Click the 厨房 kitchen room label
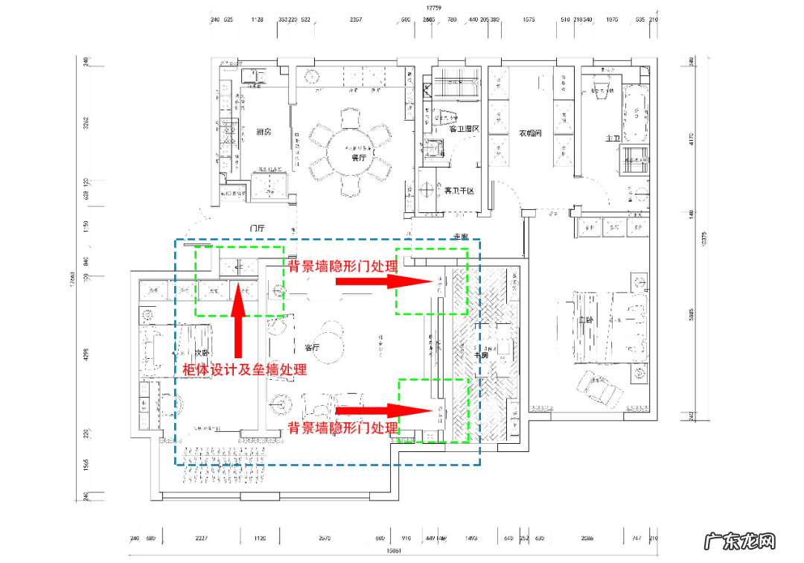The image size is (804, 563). pyautogui.click(x=264, y=133)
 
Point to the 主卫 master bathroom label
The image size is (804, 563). pyautogui.click(x=613, y=139)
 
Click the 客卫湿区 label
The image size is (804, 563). pyautogui.click(x=464, y=129)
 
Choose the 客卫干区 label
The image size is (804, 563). pyautogui.click(x=459, y=191)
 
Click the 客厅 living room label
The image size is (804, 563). pyautogui.click(x=312, y=347)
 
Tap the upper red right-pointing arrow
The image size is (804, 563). pyautogui.click(x=384, y=281)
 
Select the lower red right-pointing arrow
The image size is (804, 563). pyautogui.click(x=384, y=410)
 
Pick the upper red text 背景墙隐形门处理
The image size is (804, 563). pyautogui.click(x=343, y=266)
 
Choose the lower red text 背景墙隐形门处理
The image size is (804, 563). pyautogui.click(x=343, y=428)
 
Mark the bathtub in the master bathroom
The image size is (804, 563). pyautogui.click(x=636, y=115)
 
